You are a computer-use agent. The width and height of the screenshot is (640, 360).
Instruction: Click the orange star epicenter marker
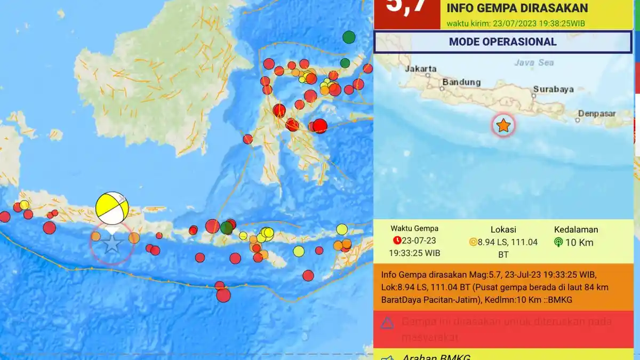[503, 125]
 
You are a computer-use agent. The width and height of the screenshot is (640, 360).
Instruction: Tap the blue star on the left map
[112, 244]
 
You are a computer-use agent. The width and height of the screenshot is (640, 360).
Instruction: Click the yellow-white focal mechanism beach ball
[112, 208]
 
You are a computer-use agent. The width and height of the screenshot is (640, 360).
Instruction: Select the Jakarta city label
[421, 69]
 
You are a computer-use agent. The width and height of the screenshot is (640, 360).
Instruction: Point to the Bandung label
[461, 83]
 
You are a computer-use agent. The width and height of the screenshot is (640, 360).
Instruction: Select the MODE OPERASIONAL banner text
[502, 42]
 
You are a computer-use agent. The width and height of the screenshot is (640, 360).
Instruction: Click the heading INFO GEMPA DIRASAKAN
[517, 8]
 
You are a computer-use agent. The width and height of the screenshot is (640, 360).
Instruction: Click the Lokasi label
[503, 229]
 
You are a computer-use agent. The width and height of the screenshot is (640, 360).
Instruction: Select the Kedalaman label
[576, 229]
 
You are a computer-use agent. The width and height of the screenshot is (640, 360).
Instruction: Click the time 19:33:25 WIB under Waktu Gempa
[414, 253]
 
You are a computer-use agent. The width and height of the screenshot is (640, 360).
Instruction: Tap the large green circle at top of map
[349, 37]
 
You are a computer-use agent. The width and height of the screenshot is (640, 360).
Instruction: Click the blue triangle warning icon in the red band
[388, 323]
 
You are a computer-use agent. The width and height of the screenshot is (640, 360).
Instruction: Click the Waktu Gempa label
[414, 228]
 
